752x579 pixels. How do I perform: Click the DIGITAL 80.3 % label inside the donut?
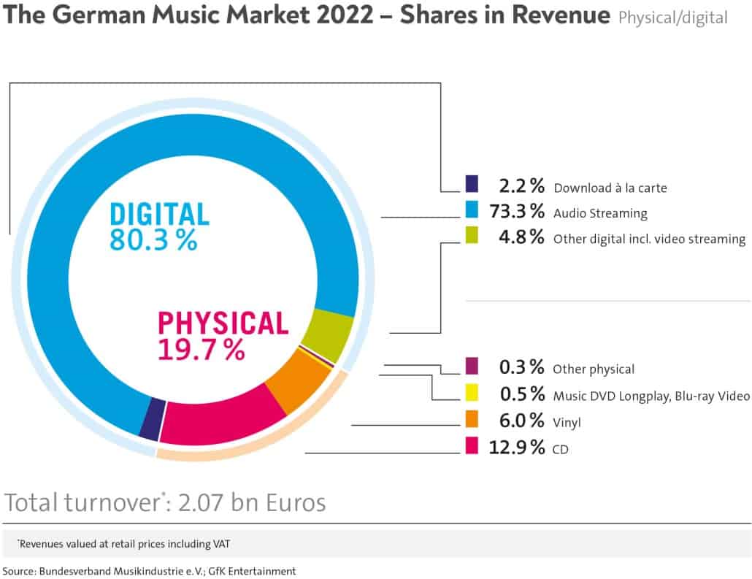pyautogui.click(x=159, y=227)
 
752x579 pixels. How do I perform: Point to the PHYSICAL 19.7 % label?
pyautogui.click(x=223, y=336)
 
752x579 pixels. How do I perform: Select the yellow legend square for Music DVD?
pyautogui.click(x=472, y=394)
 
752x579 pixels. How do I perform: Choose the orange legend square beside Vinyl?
pyautogui.click(x=472, y=420)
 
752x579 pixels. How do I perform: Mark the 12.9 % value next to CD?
pyautogui.click(x=516, y=447)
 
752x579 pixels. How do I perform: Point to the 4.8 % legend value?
pyautogui.click(x=521, y=237)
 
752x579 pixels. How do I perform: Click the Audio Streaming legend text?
pyautogui.click(x=600, y=214)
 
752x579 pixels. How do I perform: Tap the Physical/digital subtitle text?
pyautogui.click(x=672, y=18)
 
